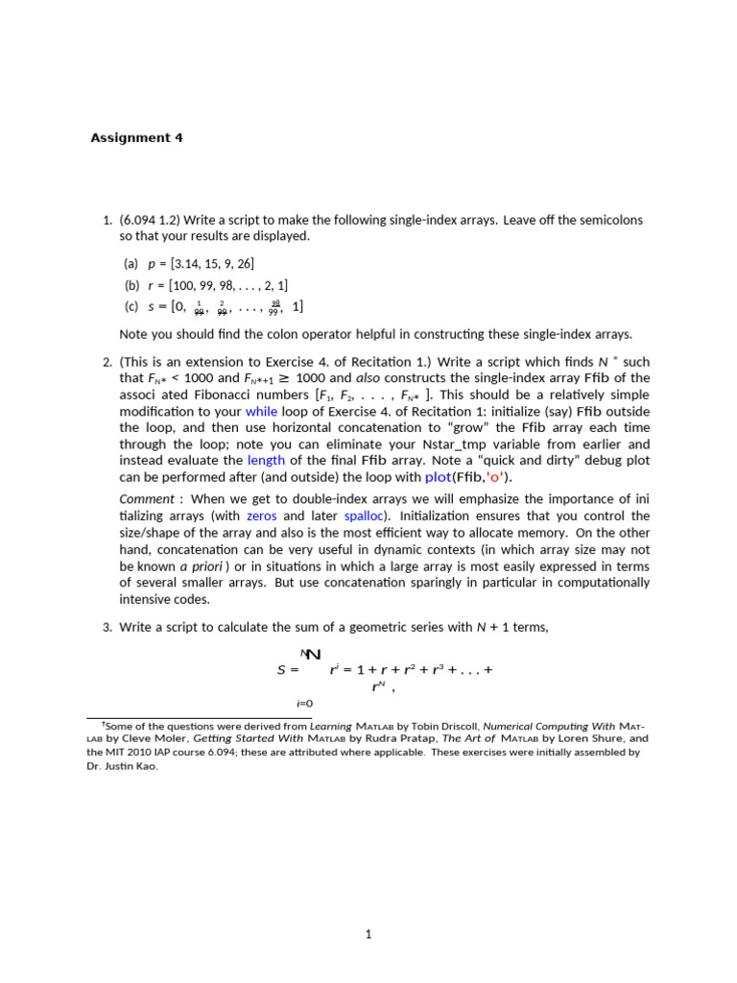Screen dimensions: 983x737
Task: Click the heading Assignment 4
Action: [x=136, y=137]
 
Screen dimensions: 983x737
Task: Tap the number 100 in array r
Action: [x=182, y=285]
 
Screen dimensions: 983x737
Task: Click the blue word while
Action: [x=262, y=411]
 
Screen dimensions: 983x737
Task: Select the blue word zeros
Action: [x=262, y=515]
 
